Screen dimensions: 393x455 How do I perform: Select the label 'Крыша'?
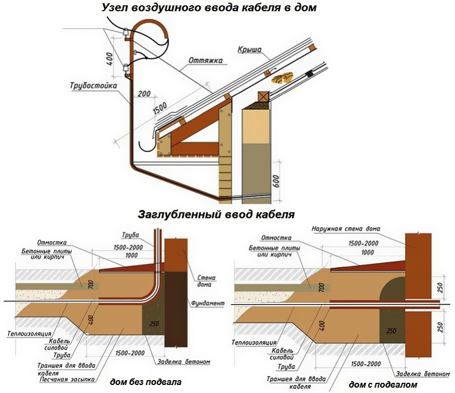(x=249, y=50)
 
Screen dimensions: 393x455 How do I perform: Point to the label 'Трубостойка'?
(x=94, y=86)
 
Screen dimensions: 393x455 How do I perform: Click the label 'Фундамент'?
(x=206, y=303)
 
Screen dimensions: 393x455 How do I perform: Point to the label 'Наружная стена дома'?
(x=346, y=229)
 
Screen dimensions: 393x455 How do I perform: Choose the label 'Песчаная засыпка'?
(x=67, y=380)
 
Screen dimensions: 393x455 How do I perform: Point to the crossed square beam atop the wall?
(x=263, y=97)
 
